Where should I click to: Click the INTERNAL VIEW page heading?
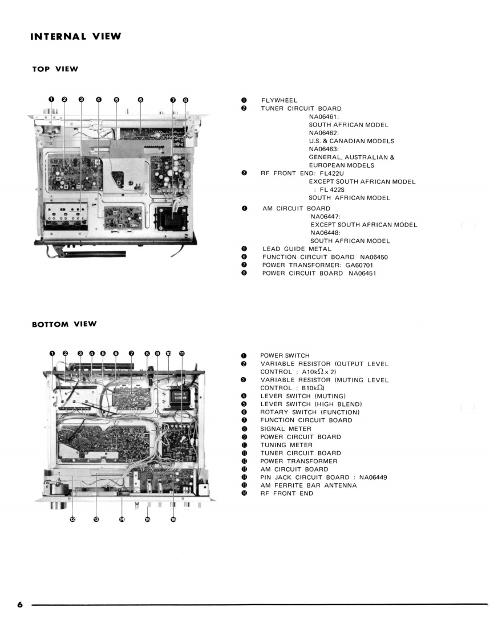click(76, 37)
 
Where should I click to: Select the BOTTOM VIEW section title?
click(64, 324)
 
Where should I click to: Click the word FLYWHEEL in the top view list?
click(279, 100)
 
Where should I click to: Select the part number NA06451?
click(360, 273)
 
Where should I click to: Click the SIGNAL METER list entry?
click(286, 428)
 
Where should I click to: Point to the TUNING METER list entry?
click(286, 445)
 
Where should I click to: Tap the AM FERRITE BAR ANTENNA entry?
click(309, 485)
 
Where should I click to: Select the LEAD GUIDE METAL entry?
click(297, 249)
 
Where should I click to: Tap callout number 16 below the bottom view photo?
click(173, 520)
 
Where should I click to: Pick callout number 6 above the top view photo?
click(140, 99)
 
